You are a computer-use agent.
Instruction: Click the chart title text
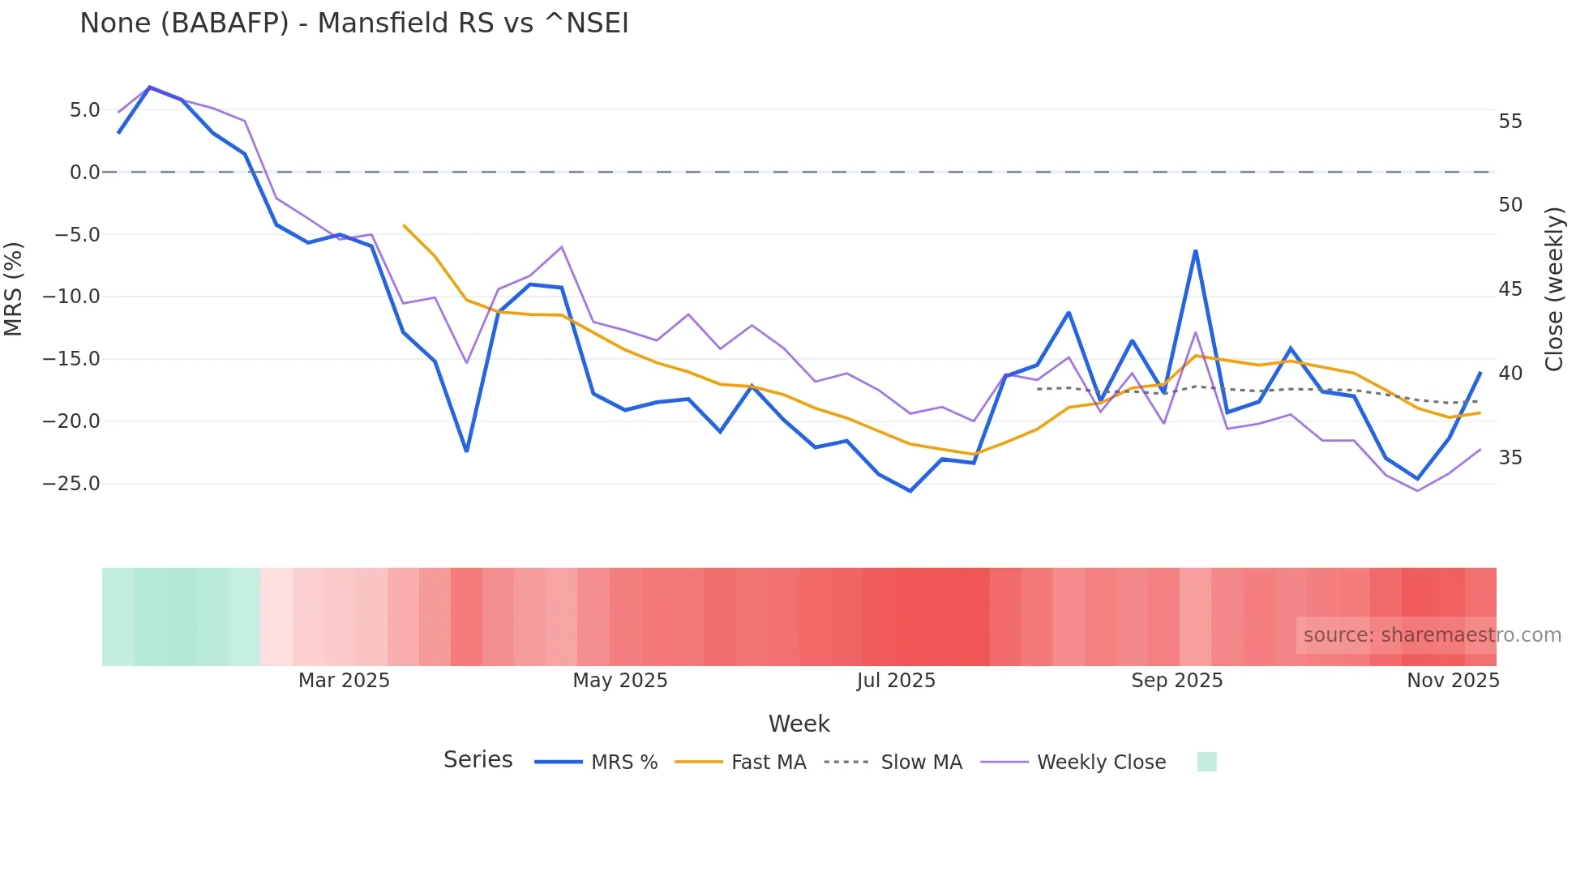point(354,23)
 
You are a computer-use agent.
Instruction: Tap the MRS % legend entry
point(597,763)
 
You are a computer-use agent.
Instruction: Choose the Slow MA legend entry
point(893,763)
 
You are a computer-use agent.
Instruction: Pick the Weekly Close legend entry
point(1073,763)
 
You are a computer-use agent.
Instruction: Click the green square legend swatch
point(1206,763)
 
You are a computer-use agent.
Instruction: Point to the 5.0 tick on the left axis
point(84,110)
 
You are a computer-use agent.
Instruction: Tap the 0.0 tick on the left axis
point(84,173)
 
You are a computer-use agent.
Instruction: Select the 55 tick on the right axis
point(1510,122)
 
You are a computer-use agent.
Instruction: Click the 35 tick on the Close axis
point(1510,458)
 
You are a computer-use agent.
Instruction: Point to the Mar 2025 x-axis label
point(344,681)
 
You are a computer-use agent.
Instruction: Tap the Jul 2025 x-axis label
point(896,681)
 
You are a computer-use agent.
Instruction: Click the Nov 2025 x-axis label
point(1453,681)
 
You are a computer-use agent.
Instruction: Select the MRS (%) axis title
point(14,288)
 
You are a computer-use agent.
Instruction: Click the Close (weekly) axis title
point(1553,289)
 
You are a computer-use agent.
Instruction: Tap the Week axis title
point(799,724)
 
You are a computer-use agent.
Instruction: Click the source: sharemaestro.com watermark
point(1432,635)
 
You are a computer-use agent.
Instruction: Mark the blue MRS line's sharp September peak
point(1196,251)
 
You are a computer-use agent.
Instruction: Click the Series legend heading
point(478,760)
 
